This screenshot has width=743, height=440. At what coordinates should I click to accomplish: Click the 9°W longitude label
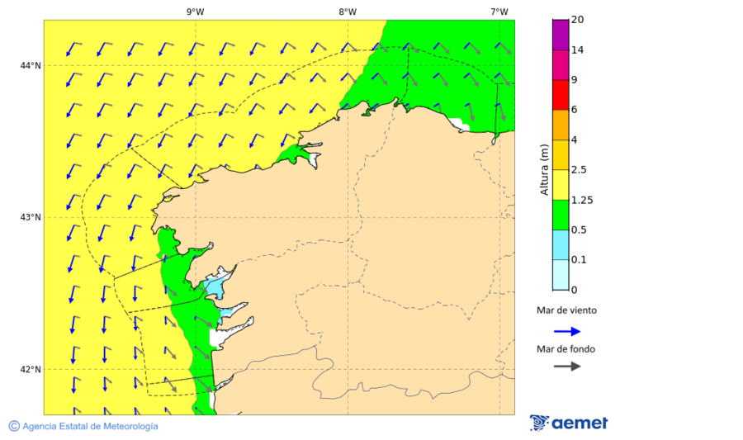195,12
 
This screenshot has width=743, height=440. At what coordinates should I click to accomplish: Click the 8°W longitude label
347,12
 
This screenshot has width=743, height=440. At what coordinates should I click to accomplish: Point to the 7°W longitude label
499,12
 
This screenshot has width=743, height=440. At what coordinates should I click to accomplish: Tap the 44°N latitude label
31,65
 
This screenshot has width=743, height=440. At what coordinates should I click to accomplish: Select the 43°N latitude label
31,217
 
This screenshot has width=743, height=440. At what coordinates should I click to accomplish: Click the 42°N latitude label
31,369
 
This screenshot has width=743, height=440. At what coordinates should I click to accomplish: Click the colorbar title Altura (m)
544,169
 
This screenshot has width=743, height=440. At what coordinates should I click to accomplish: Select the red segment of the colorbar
561,94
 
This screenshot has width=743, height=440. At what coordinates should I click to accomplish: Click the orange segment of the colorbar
561,125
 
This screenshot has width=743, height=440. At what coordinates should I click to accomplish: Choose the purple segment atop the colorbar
561,34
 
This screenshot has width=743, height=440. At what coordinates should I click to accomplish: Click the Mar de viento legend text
566,311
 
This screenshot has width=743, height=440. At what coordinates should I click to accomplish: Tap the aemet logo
569,423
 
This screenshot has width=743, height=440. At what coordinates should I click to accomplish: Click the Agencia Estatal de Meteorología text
90,426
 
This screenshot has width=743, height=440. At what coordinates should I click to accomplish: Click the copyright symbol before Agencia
14,426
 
